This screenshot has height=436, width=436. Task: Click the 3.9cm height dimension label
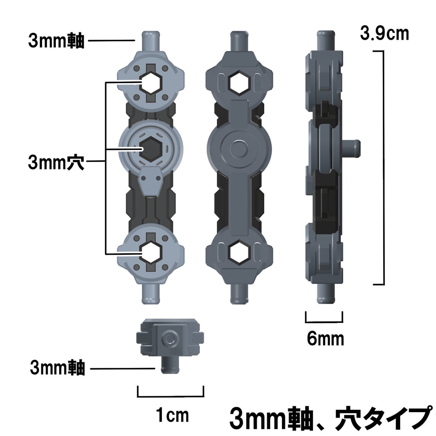(x=384, y=33)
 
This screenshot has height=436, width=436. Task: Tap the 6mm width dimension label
(x=325, y=339)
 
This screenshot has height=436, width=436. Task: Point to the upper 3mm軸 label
(x=56, y=41)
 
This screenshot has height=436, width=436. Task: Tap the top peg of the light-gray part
(x=152, y=41)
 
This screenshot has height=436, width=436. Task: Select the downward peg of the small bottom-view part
(x=170, y=366)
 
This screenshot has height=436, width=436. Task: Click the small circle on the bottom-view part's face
(x=170, y=339)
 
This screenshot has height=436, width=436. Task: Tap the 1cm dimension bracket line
(x=170, y=395)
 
